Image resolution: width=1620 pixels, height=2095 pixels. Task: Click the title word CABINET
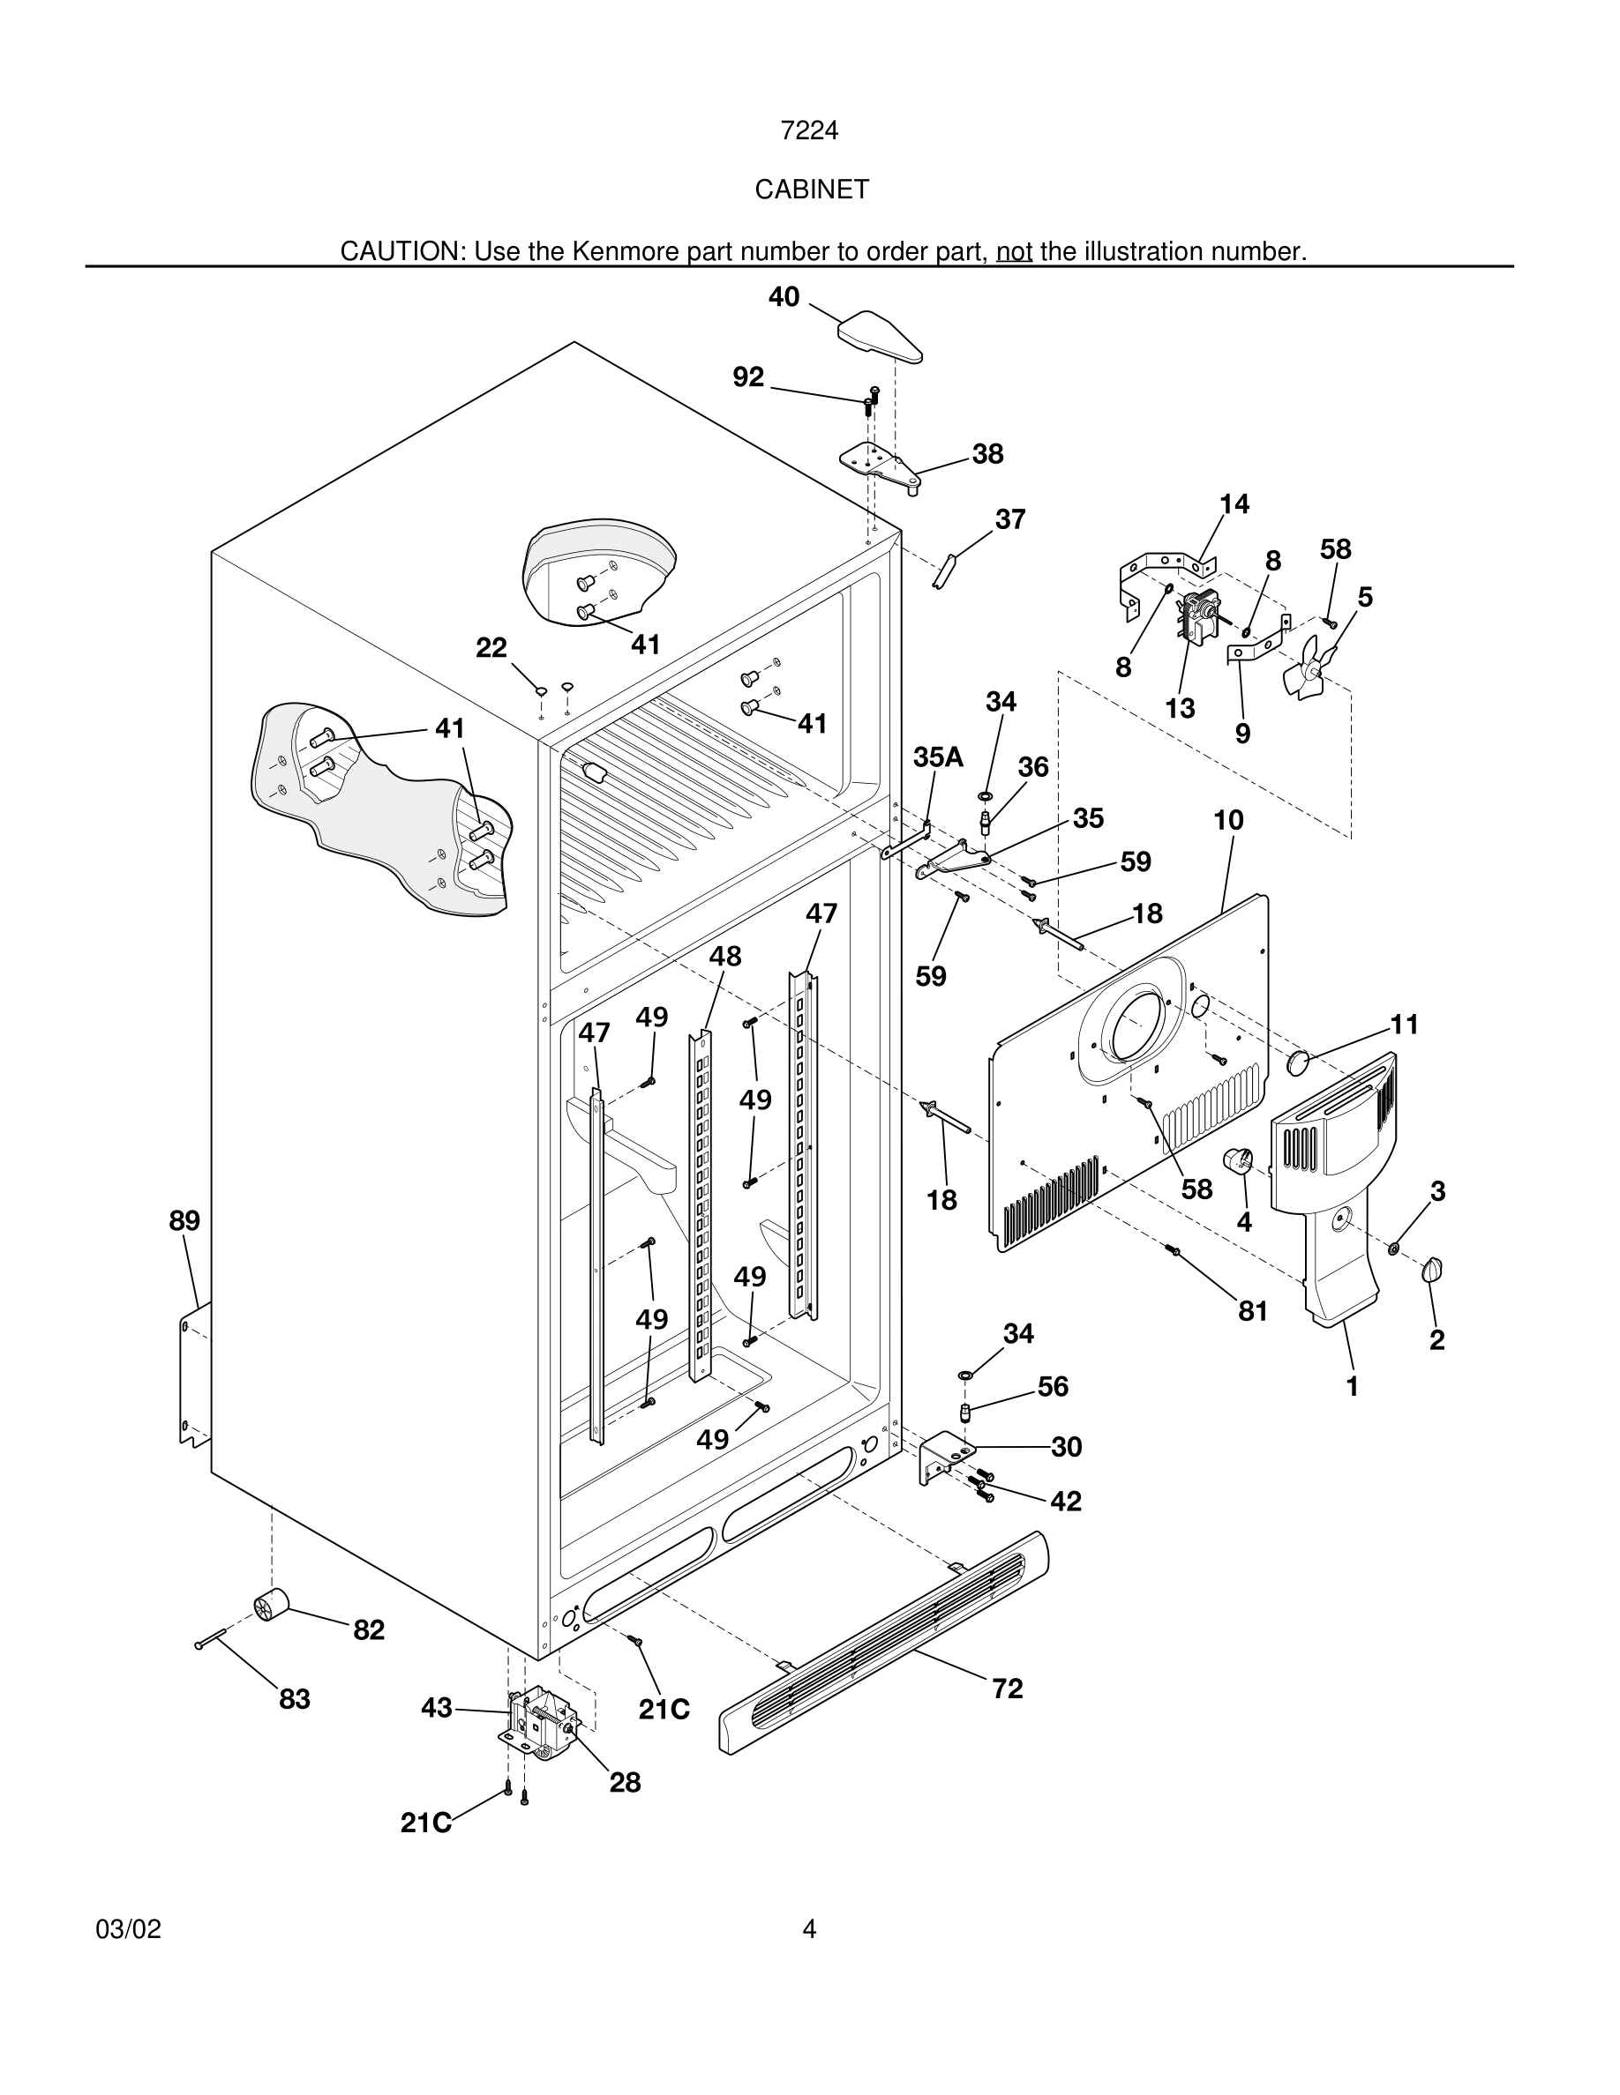point(811,190)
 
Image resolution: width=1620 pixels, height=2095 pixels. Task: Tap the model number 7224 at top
point(809,130)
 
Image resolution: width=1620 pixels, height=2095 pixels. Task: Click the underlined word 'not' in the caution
point(1014,251)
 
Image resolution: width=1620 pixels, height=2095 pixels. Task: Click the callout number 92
point(747,378)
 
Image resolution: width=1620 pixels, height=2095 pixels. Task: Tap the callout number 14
point(1234,504)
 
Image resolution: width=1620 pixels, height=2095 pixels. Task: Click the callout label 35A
point(938,757)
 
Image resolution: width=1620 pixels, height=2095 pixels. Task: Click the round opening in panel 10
point(1135,1026)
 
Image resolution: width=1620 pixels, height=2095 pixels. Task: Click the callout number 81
point(1252,1311)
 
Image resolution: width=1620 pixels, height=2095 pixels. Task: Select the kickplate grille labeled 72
point(883,1641)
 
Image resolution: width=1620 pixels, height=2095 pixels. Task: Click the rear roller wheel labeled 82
point(271,1603)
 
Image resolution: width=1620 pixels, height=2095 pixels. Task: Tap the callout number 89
point(184,1221)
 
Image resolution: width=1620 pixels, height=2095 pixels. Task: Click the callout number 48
point(724,957)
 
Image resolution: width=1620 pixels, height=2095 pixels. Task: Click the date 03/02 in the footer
point(129,1929)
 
